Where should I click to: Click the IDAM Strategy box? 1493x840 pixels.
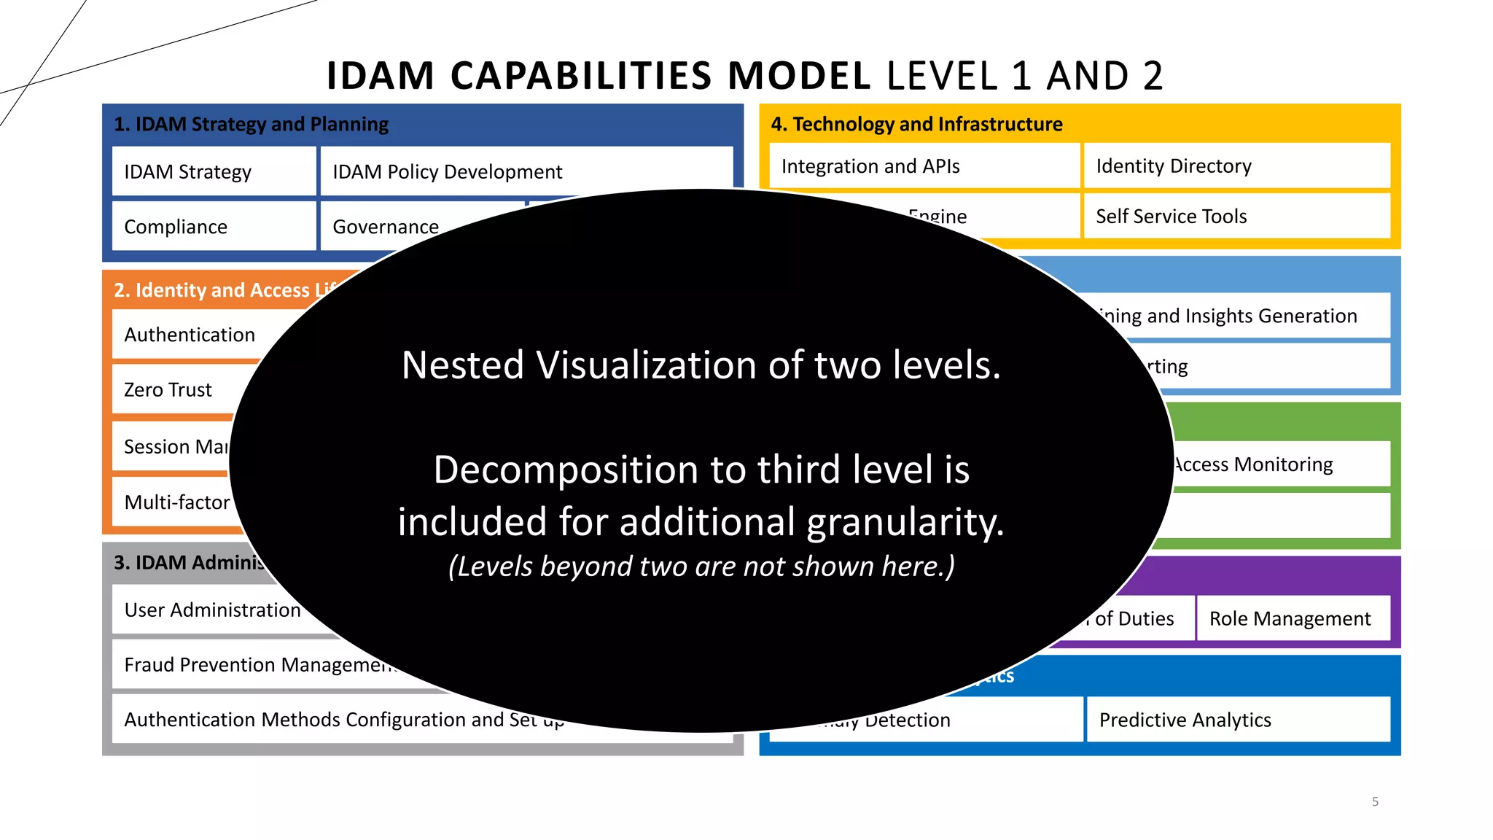point(214,171)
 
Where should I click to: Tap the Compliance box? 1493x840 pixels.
point(214,227)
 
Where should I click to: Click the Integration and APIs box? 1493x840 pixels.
point(924,166)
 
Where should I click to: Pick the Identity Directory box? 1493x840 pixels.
point(1236,166)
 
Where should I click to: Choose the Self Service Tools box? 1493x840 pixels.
point(1236,216)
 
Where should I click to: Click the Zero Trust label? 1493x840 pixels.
point(168,390)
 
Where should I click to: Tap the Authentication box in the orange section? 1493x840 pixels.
point(190,335)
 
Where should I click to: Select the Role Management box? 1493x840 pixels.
point(1293,618)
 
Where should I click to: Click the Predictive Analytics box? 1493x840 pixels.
point(1237,720)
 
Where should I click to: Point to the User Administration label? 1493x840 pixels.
point(212,610)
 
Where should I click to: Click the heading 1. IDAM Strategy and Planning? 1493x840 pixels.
point(251,124)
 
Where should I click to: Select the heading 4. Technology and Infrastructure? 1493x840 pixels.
point(916,124)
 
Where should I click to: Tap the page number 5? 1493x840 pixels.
point(1375,801)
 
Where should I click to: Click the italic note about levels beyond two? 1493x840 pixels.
point(701,567)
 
